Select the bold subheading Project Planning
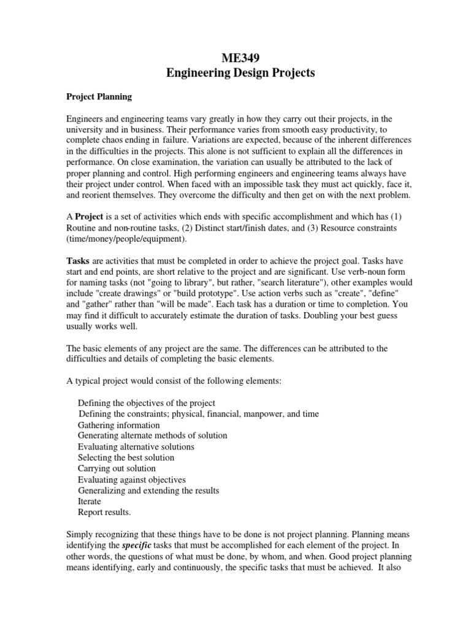(x=99, y=97)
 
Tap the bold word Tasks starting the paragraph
(x=78, y=261)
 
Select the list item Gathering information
(x=119, y=425)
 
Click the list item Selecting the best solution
(x=126, y=458)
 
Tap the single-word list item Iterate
(x=90, y=501)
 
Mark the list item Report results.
(x=105, y=512)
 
